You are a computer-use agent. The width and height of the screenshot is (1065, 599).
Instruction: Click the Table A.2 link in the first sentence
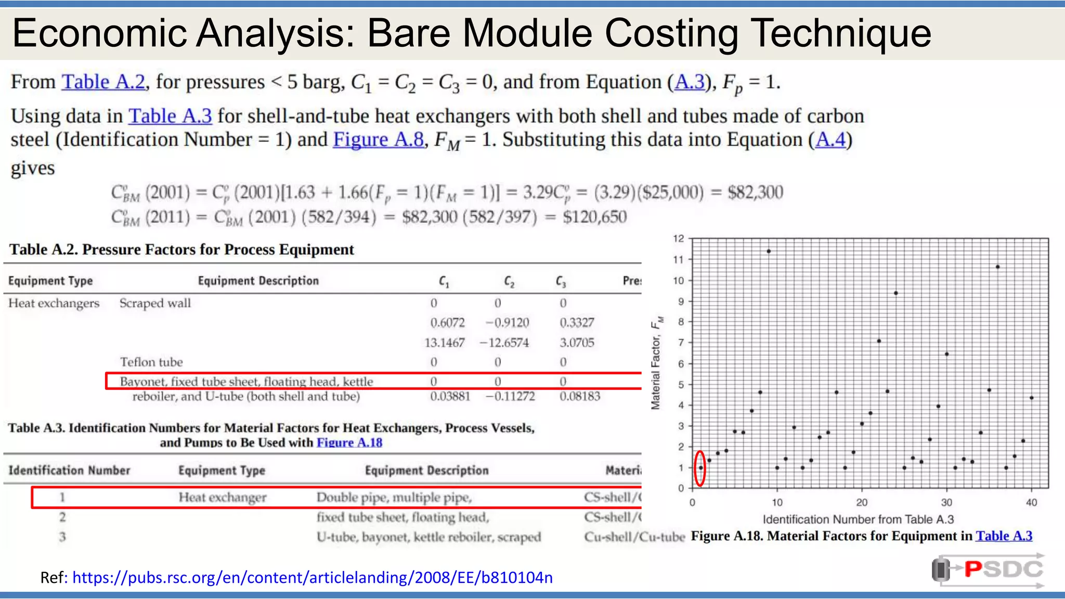pyautogui.click(x=103, y=82)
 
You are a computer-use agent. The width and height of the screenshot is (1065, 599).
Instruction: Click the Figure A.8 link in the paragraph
pyautogui.click(x=378, y=139)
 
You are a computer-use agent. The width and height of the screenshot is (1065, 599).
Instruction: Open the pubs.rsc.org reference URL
pyautogui.click(x=312, y=577)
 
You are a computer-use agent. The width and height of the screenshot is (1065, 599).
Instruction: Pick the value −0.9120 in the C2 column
pyautogui.click(x=507, y=323)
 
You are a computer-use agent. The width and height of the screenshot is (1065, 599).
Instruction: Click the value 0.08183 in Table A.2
pyautogui.click(x=579, y=396)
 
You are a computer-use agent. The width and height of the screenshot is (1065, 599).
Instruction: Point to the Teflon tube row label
pyautogui.click(x=151, y=362)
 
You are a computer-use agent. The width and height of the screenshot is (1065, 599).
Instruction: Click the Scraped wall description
pyautogui.click(x=155, y=303)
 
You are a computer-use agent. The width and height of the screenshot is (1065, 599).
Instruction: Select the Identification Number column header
pyautogui.click(x=69, y=470)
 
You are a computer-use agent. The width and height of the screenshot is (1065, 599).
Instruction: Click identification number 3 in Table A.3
pyautogui.click(x=62, y=537)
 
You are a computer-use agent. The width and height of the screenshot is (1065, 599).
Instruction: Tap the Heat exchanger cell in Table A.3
pyautogui.click(x=222, y=498)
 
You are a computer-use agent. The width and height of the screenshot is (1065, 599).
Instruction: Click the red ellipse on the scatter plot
pyautogui.click(x=700, y=468)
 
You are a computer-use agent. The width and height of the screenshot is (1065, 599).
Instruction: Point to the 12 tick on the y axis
pyautogui.click(x=678, y=239)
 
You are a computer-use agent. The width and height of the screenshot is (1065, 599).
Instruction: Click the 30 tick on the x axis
pyautogui.click(x=946, y=502)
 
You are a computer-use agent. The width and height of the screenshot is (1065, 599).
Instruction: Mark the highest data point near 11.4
pyautogui.click(x=769, y=251)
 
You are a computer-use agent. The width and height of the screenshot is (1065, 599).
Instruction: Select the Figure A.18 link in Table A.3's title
pyautogui.click(x=349, y=442)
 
